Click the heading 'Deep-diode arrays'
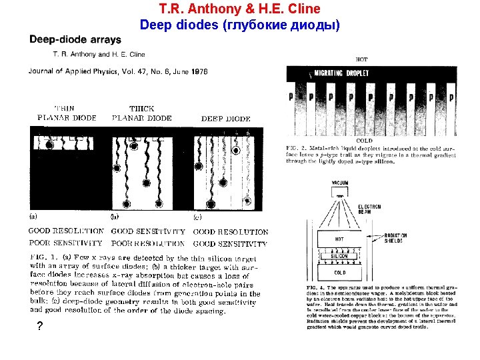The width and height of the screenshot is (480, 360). coord(75,39)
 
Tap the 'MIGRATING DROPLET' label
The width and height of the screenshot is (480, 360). coord(341,73)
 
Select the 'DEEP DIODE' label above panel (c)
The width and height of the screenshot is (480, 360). coord(226,119)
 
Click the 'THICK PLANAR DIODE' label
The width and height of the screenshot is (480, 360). coord(141,113)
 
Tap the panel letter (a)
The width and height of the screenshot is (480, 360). coord(34,216)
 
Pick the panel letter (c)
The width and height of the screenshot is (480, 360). coord(198,216)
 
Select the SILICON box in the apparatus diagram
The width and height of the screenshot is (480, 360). coord(339,256)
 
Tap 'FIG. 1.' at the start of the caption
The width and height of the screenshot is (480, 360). coord(43,256)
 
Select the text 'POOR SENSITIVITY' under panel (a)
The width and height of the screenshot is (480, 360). coord(65,243)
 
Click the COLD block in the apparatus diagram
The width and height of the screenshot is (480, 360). coord(339,272)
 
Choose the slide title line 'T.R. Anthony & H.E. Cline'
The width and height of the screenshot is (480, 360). coord(240,9)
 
